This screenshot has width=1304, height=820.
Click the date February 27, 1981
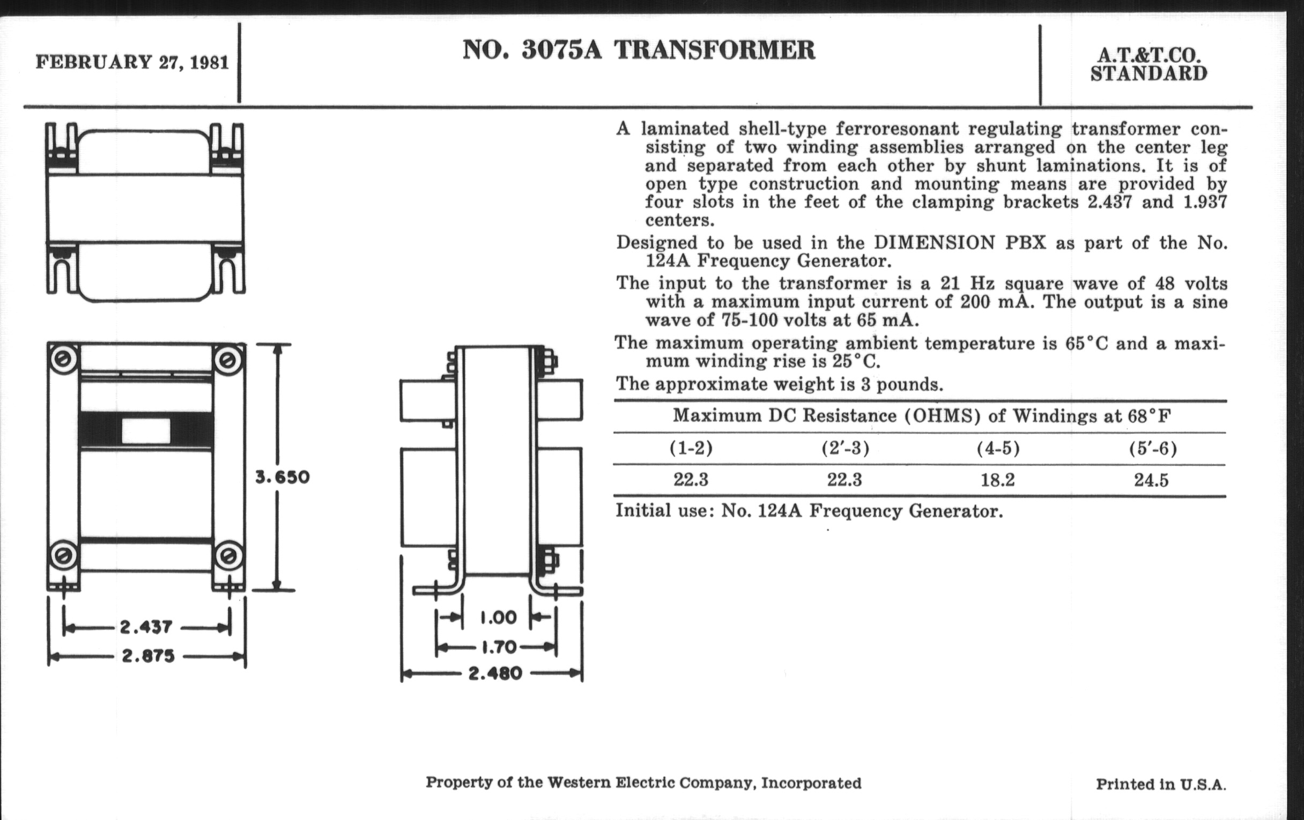pos(132,63)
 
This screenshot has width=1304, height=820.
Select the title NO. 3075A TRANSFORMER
pos(639,50)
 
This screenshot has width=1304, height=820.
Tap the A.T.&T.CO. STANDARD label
pos(1149,65)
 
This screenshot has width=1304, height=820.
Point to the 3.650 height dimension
pos(282,478)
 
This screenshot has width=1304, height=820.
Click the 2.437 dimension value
pos(146,627)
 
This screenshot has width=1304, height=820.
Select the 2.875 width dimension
pos(148,656)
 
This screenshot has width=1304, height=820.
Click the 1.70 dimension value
pos(498,646)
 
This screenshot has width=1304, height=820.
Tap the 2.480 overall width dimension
pos(495,674)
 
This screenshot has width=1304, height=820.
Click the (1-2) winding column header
pos(691,448)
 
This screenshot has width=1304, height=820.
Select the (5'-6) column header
pos(1152,449)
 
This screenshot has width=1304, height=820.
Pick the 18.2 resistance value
pos(997,480)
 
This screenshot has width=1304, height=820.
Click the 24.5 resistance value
pos(1151,480)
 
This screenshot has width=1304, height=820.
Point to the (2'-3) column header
pos(845,448)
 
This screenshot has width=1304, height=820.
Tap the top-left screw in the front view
pos(63,358)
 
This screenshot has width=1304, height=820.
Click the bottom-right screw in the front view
pos(228,555)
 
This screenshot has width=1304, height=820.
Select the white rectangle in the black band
pos(146,431)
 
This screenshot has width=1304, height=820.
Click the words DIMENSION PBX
pos(961,242)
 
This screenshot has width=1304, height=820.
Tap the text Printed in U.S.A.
pos(1160,784)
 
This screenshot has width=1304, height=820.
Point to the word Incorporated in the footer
pos(811,783)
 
